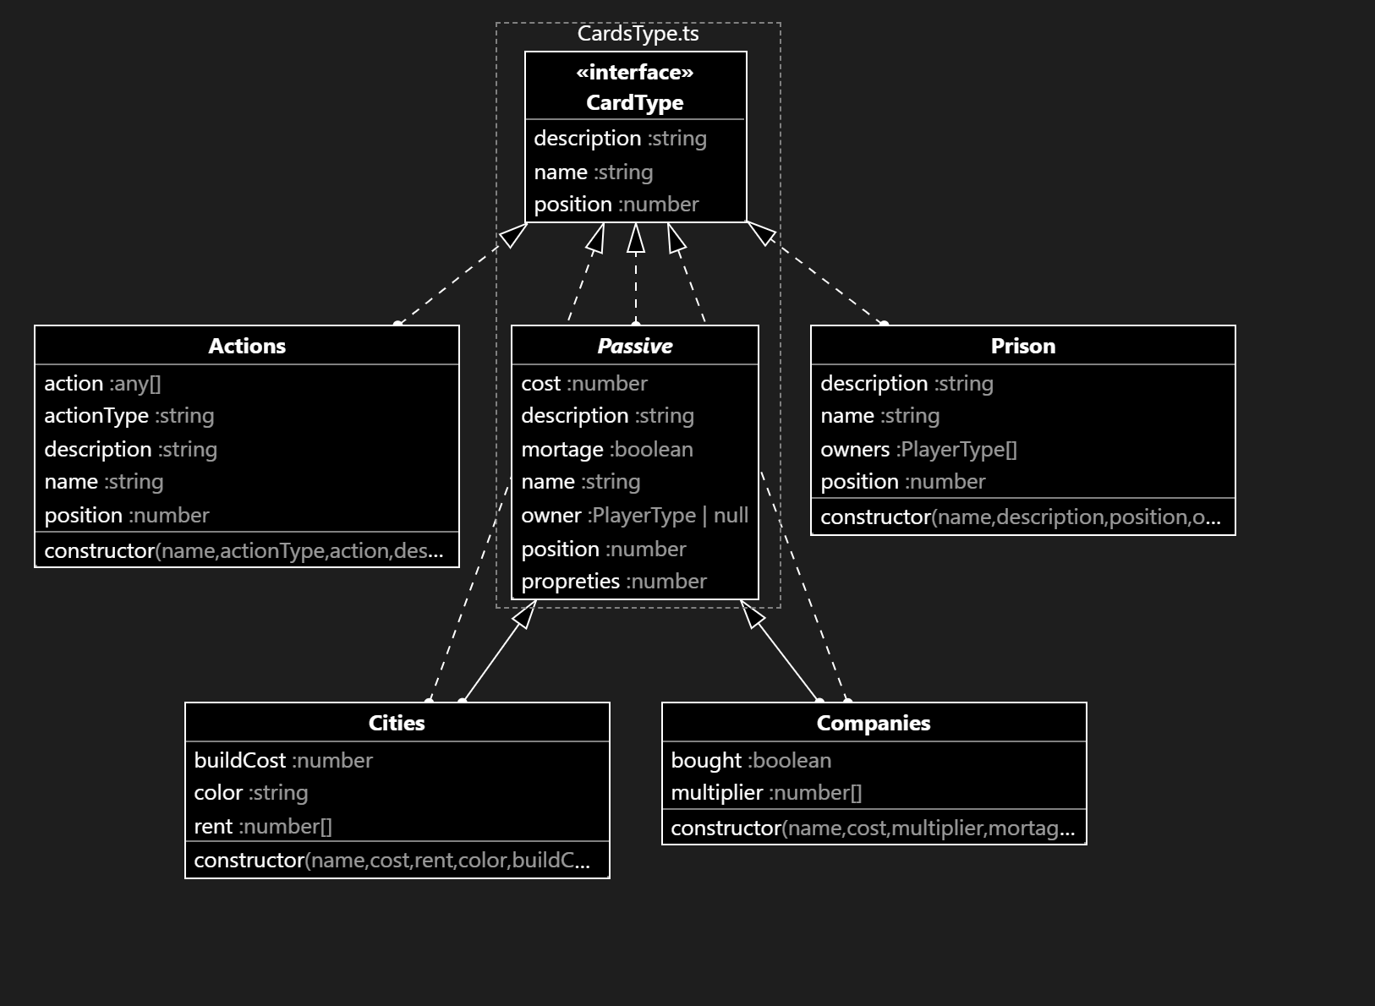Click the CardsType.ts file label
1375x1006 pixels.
click(638, 34)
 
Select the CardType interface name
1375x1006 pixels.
click(635, 103)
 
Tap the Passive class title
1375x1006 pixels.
click(634, 346)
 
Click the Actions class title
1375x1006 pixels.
click(247, 346)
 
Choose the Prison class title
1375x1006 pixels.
click(1022, 346)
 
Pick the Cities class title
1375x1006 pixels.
click(397, 723)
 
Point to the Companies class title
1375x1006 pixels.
click(874, 723)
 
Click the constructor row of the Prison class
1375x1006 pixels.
click(1020, 517)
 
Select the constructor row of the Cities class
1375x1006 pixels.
click(392, 861)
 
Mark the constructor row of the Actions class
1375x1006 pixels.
click(244, 551)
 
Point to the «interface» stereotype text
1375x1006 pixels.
click(635, 73)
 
